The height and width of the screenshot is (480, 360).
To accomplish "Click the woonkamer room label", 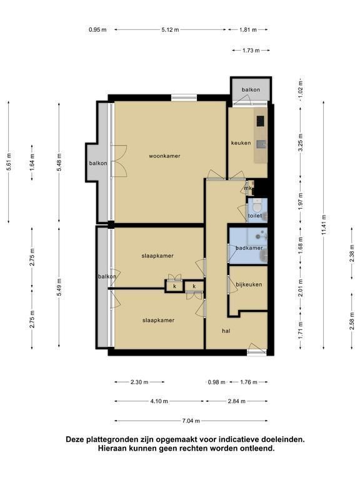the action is coord(164,156).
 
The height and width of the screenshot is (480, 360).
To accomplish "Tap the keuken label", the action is coord(241,143).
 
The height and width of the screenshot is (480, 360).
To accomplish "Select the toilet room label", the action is coord(255,216).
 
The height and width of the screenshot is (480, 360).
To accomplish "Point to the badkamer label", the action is coord(249,248).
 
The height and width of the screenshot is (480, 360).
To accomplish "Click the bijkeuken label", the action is coord(249,285).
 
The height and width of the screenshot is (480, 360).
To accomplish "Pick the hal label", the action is coord(226,331).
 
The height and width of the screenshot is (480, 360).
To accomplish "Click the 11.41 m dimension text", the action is coord(324,225).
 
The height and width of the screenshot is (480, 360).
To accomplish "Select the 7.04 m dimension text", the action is coord(191,421).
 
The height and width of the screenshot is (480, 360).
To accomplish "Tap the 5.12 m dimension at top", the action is coord(170,30).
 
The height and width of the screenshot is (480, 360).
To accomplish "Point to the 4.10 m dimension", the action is coord(159,401).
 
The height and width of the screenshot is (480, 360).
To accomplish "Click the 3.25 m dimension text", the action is coord(301,142).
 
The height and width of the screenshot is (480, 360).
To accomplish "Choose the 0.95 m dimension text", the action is coord(97,30).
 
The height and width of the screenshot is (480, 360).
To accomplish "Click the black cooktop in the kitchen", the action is coord(260,121).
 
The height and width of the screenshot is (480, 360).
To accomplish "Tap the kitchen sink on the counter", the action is coord(261,144).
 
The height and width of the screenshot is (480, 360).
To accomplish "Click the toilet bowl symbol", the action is coord(257,207).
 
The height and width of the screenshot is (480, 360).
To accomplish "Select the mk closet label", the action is coord(247,188).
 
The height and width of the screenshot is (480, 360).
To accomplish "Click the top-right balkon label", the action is coord(251,90).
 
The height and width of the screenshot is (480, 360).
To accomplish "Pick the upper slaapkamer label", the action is coord(157,256).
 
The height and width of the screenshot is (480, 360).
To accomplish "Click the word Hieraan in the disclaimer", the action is coord(112,449).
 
